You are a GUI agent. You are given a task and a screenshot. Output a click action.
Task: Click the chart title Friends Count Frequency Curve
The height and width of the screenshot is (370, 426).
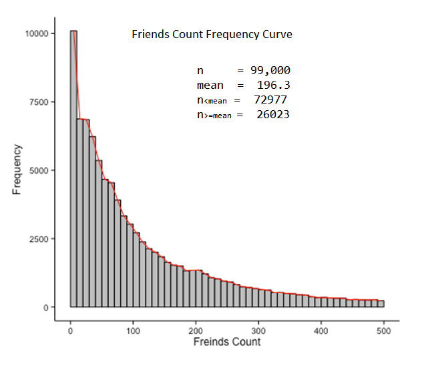pyautogui.click(x=212, y=34)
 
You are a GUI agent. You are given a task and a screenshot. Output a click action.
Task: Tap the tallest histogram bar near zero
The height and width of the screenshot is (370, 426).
pyautogui.click(x=73, y=167)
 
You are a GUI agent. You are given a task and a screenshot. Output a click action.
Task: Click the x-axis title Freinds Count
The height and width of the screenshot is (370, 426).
pyautogui.click(x=226, y=342)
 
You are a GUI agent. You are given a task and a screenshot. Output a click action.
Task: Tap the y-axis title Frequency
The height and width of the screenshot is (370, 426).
pyautogui.click(x=17, y=170)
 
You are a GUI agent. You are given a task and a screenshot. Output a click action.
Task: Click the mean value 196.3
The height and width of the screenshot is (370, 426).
pyautogui.click(x=273, y=85)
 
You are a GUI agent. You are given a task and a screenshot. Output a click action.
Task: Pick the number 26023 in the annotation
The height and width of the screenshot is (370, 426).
pyautogui.click(x=272, y=114)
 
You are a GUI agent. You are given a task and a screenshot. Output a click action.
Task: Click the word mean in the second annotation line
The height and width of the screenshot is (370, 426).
pyautogui.click(x=210, y=85)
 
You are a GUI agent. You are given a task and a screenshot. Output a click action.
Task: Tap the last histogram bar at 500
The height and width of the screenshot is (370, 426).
pyautogui.click(x=381, y=303)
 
